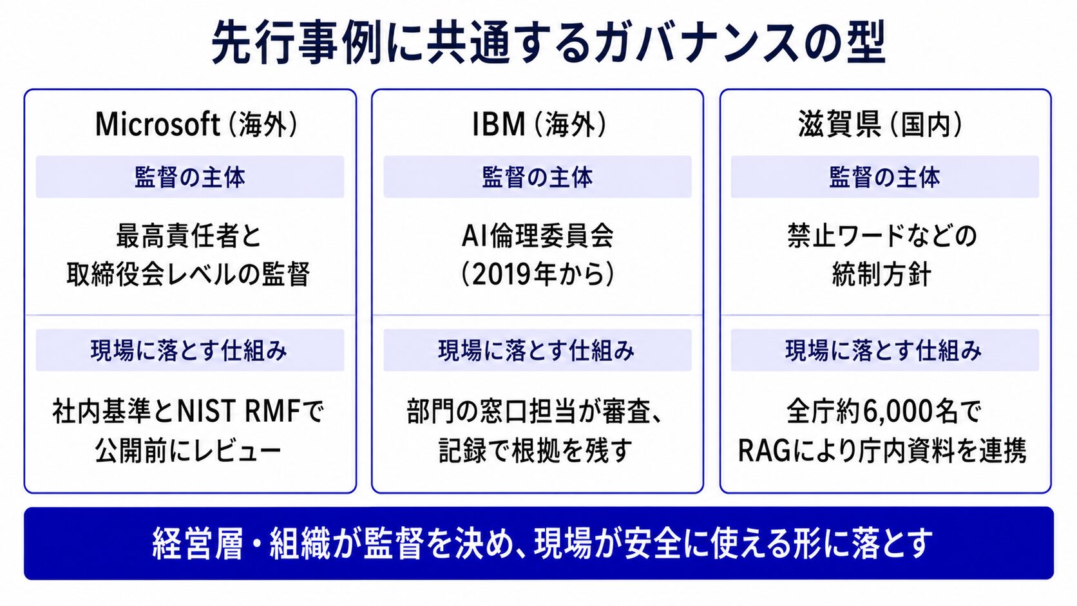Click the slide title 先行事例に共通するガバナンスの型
pyautogui.click(x=548, y=43)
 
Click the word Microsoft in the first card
pyautogui.click(x=158, y=124)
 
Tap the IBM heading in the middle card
pyautogui.click(x=499, y=124)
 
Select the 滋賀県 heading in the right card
pyautogui.click(x=839, y=124)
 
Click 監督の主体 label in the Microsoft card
pyautogui.click(x=190, y=177)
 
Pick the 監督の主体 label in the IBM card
pyautogui.click(x=538, y=177)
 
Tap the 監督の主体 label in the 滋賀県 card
pyautogui.click(x=884, y=177)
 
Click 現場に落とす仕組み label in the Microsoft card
pyautogui.click(x=189, y=350)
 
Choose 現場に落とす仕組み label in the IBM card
pyautogui.click(x=537, y=350)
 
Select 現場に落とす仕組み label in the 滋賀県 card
pyautogui.click(x=884, y=350)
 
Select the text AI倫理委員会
pyautogui.click(x=538, y=236)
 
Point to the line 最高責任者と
pyautogui.click(x=189, y=236)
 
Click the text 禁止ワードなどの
pyautogui.click(x=882, y=236)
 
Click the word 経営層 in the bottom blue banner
pyautogui.click(x=197, y=544)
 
